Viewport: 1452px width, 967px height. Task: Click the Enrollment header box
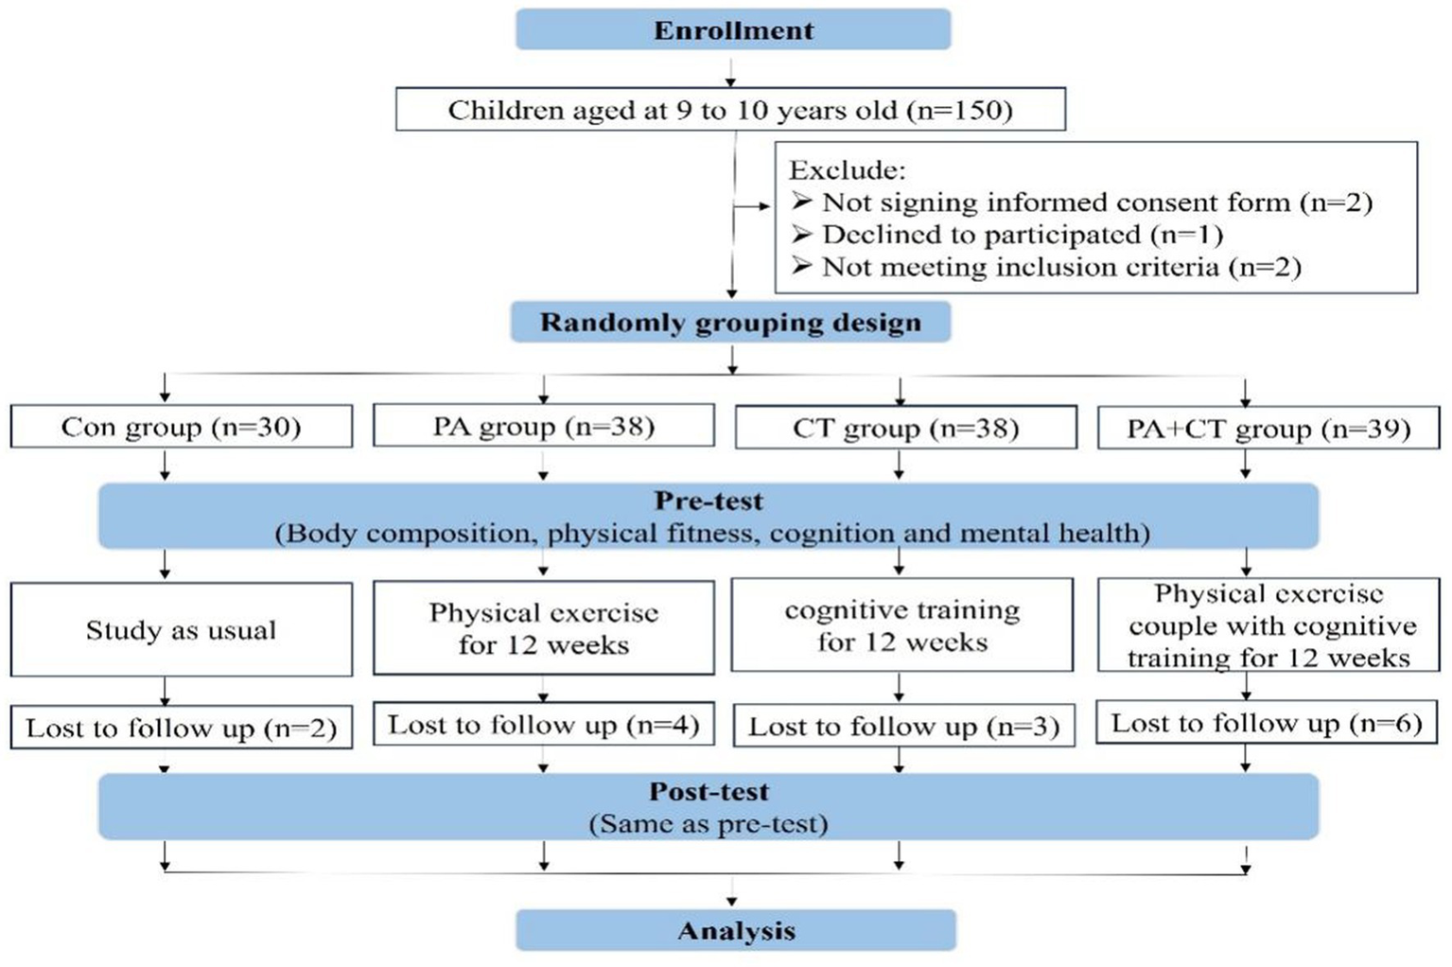click(x=733, y=30)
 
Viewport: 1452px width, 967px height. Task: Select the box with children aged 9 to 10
click(x=730, y=110)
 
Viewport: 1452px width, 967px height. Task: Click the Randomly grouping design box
click(x=730, y=323)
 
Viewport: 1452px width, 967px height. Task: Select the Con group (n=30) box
click(x=181, y=427)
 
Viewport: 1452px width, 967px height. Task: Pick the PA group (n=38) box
click(x=544, y=426)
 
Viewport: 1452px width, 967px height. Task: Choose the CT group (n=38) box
click(x=905, y=428)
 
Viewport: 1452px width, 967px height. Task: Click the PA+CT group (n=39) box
click(x=1268, y=429)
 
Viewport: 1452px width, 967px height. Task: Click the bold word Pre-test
click(x=709, y=501)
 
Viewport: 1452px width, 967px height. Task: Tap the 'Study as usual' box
click(x=181, y=630)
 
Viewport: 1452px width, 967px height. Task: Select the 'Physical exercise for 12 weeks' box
click(x=544, y=628)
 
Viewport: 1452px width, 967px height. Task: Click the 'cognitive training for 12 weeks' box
click(x=902, y=625)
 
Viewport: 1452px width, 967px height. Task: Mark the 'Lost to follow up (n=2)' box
click(x=181, y=728)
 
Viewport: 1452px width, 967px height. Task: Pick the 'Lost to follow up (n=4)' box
click(x=544, y=725)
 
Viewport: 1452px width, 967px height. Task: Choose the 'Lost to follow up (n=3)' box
click(x=904, y=727)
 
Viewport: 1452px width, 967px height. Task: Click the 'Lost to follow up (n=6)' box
click(x=1267, y=724)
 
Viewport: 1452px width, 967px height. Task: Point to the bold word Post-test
click(x=709, y=792)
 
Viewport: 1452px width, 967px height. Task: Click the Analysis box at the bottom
click(x=736, y=931)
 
